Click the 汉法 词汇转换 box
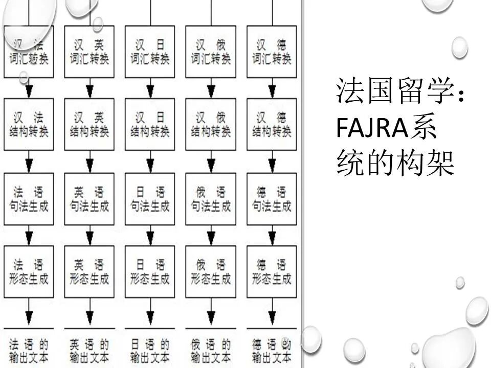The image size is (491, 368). click(x=29, y=52)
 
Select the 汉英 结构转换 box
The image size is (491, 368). click(x=90, y=124)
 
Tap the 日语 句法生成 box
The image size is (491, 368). click(x=150, y=199)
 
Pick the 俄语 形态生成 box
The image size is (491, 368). click(x=211, y=272)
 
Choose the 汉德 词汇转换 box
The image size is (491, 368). click(x=272, y=52)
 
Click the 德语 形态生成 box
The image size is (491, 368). click(x=272, y=272)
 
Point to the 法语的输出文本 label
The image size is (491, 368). click(x=29, y=350)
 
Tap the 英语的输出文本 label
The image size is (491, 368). click(x=90, y=350)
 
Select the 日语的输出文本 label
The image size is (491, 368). click(x=150, y=350)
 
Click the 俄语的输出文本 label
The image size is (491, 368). click(x=211, y=350)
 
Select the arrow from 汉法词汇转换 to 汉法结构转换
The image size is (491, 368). click(x=29, y=88)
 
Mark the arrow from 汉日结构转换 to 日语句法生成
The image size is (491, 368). click(x=150, y=162)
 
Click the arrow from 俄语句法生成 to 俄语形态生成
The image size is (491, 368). click(x=211, y=235)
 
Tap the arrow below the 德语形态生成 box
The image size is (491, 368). click(x=272, y=313)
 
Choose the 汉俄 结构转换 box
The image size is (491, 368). click(x=211, y=124)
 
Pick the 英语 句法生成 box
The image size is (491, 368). click(x=90, y=199)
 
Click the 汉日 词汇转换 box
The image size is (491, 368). click(x=150, y=52)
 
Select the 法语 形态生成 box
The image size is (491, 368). click(x=29, y=272)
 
